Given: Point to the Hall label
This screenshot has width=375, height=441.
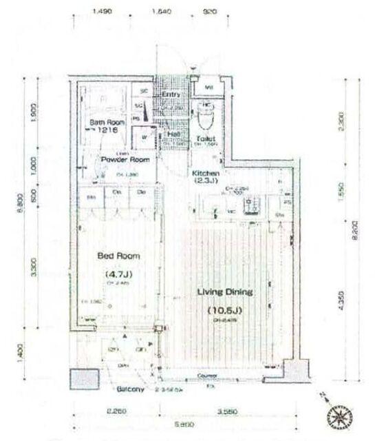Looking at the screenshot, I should pos(175,134).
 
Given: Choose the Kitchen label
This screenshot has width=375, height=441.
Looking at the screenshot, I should pos(206,174).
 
